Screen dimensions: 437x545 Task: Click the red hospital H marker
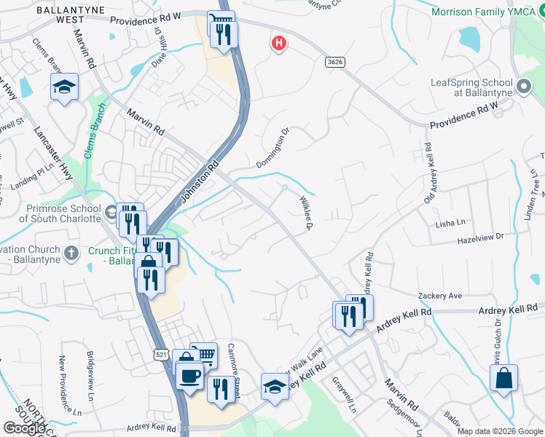tap(278, 44)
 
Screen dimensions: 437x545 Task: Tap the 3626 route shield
tap(335, 63)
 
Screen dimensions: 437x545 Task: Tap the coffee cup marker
tap(190, 376)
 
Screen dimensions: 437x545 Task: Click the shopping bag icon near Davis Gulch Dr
tap(503, 379)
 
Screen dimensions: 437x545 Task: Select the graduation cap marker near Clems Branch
tap(64, 87)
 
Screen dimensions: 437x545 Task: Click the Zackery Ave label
tap(440, 296)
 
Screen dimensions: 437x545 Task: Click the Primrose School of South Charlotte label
tap(51, 213)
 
